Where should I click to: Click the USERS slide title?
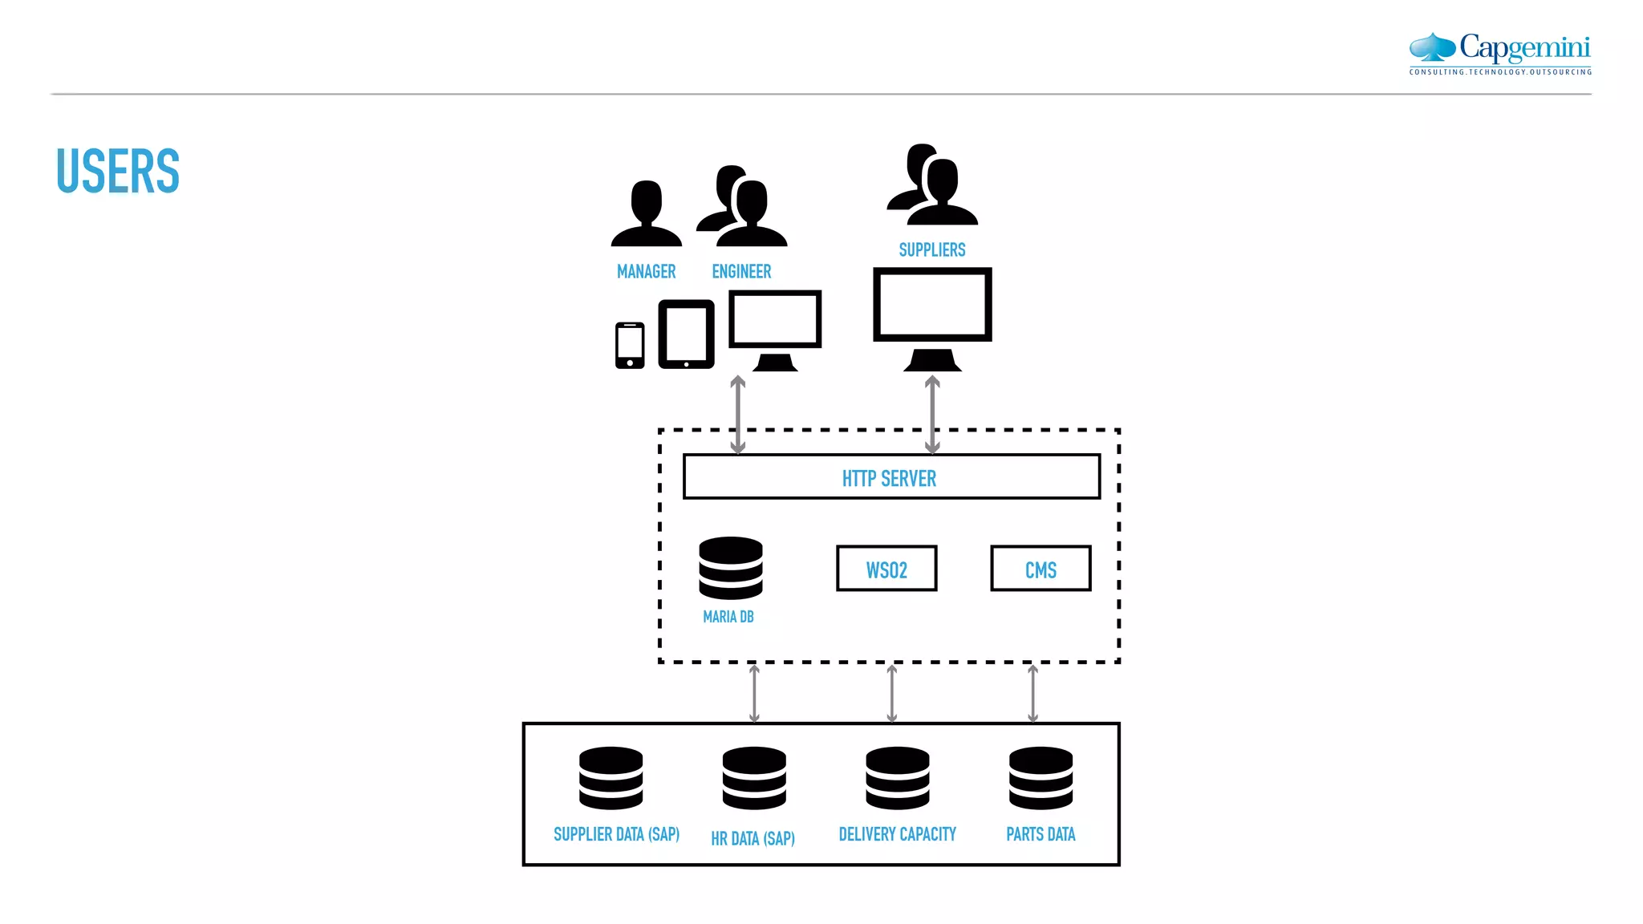118,171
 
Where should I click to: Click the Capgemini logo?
1500,53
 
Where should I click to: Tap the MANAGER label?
646,272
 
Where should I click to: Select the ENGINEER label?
741,272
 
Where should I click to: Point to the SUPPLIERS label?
931,250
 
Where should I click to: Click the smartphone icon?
630,346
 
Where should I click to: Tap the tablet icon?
686,334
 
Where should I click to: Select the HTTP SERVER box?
890,477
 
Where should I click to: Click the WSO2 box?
886,569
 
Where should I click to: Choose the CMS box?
1041,569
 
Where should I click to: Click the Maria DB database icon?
730,568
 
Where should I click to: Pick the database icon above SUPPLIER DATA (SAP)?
611,778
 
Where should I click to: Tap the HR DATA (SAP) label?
753,839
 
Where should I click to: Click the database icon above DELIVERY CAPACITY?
897,778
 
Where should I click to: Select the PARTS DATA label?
1041,835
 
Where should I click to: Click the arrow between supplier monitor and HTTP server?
932,415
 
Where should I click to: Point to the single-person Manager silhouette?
646,213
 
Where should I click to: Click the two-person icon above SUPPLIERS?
932,185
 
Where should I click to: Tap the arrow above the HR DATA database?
754,693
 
